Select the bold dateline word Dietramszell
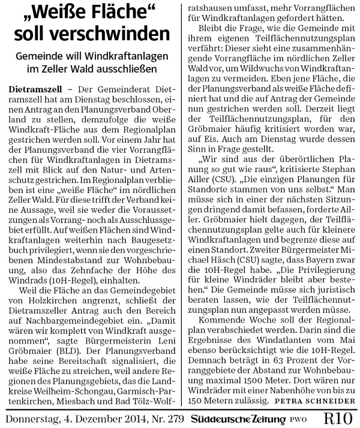(x=38, y=89)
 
